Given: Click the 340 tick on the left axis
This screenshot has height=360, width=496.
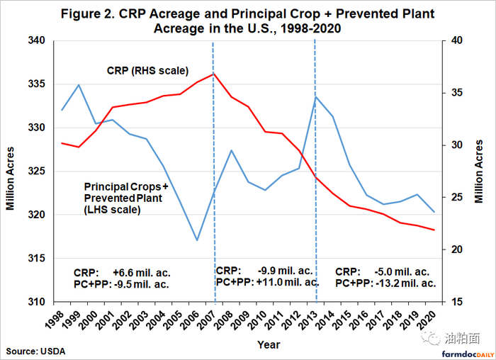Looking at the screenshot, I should tap(35, 41).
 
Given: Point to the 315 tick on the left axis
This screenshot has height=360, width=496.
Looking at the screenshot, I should tap(35, 258).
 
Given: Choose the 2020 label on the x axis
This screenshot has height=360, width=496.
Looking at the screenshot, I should tap(428, 320).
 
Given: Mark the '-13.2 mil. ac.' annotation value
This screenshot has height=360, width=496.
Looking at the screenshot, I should tap(406, 283).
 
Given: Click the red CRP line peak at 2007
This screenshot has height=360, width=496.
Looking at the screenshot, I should tap(213, 74).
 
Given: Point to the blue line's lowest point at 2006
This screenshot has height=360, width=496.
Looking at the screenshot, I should tap(196, 240).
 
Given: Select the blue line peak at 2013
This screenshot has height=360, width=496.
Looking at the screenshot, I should tap(315, 97).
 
